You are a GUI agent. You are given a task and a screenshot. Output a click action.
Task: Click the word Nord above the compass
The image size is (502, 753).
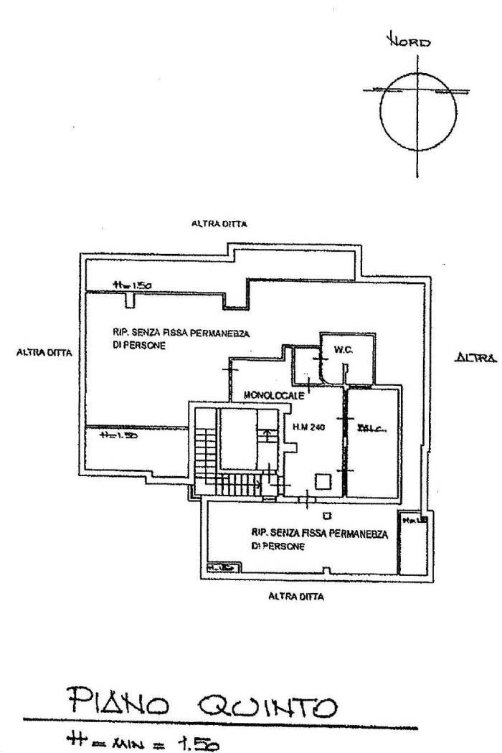409,42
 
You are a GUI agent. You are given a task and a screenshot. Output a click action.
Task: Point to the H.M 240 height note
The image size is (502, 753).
309,428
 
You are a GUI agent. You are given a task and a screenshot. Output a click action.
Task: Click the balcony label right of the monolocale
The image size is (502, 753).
372,430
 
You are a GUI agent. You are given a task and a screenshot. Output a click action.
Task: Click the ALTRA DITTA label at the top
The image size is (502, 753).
219,224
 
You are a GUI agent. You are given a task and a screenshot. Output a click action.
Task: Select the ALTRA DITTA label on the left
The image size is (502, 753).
41,353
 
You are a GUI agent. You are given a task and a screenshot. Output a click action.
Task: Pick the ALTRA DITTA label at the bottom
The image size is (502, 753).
295,595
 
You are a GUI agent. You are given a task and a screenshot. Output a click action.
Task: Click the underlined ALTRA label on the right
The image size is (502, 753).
476,356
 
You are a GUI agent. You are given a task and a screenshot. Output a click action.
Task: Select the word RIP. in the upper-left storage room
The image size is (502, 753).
120,331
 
